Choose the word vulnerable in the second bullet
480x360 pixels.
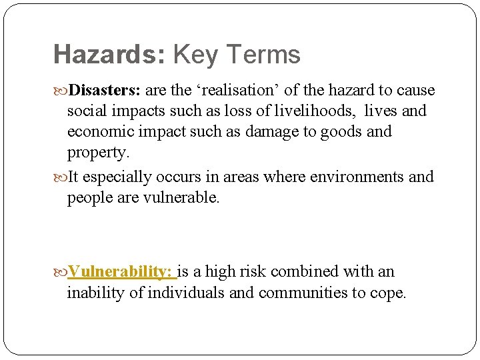coord(181,198)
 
